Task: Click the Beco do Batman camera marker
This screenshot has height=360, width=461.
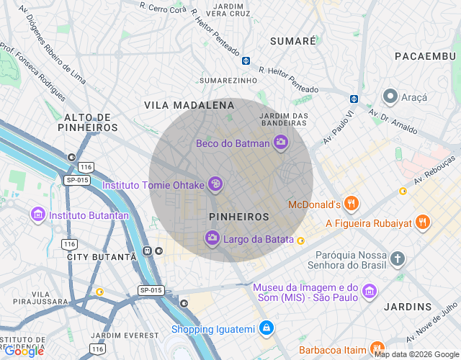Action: (281, 143)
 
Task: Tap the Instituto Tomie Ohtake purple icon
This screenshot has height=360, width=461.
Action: (215, 184)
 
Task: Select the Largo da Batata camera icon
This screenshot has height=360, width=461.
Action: (212, 238)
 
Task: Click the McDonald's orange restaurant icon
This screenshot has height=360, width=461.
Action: (352, 204)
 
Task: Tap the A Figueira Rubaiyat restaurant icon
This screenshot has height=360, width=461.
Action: (424, 222)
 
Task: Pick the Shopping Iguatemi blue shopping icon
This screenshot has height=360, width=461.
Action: (267, 328)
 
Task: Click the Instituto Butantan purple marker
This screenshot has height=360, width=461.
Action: (38, 215)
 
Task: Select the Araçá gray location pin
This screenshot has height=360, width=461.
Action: (390, 96)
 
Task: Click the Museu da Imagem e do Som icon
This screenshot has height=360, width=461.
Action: (370, 292)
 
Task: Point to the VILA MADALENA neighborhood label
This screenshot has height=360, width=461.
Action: (189, 105)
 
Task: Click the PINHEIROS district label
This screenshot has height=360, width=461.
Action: (238, 216)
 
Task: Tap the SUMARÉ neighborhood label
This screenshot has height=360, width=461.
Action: (292, 41)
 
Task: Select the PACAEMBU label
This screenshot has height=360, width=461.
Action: (424, 56)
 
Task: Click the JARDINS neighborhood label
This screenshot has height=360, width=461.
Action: (408, 307)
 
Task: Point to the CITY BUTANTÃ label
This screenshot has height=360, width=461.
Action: (101, 256)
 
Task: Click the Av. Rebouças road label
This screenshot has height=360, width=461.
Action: (434, 172)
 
